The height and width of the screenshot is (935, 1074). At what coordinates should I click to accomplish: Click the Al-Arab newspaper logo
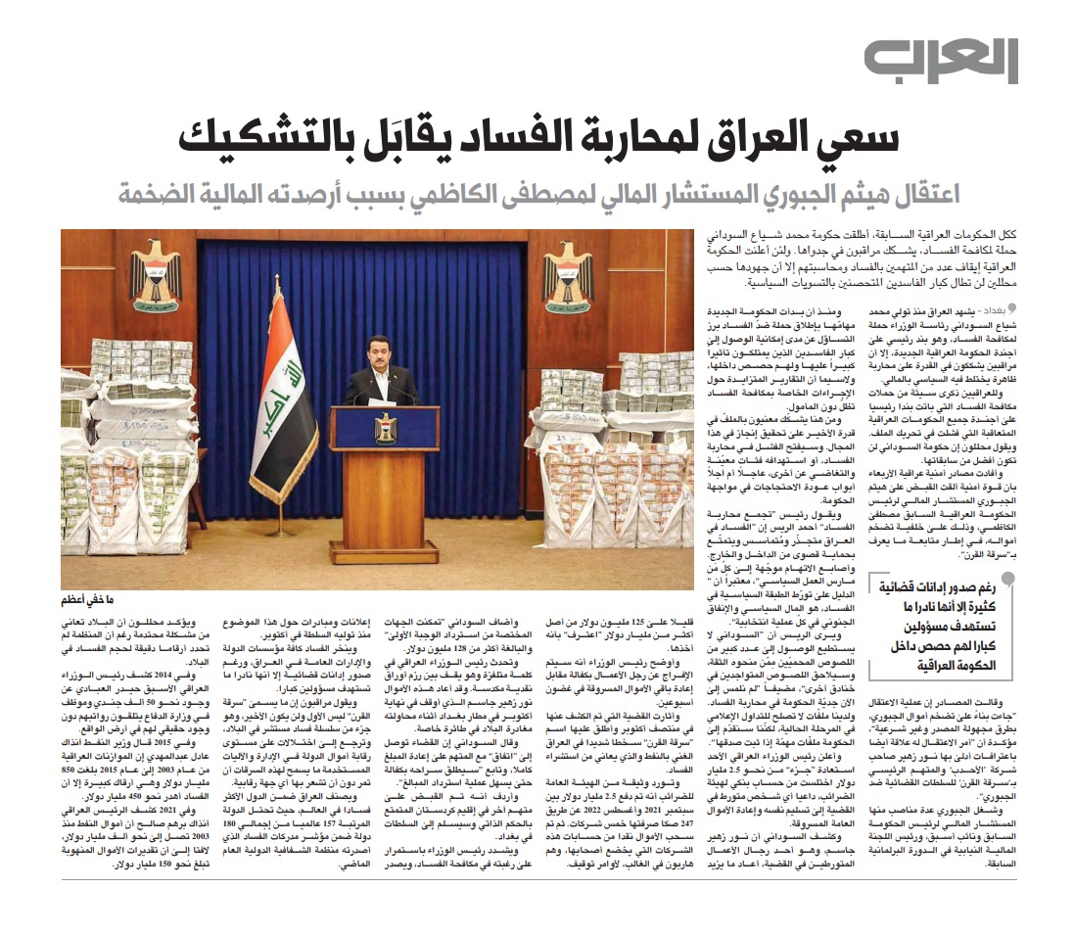click(940, 61)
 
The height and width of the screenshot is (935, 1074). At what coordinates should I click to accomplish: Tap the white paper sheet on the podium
click(382, 403)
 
